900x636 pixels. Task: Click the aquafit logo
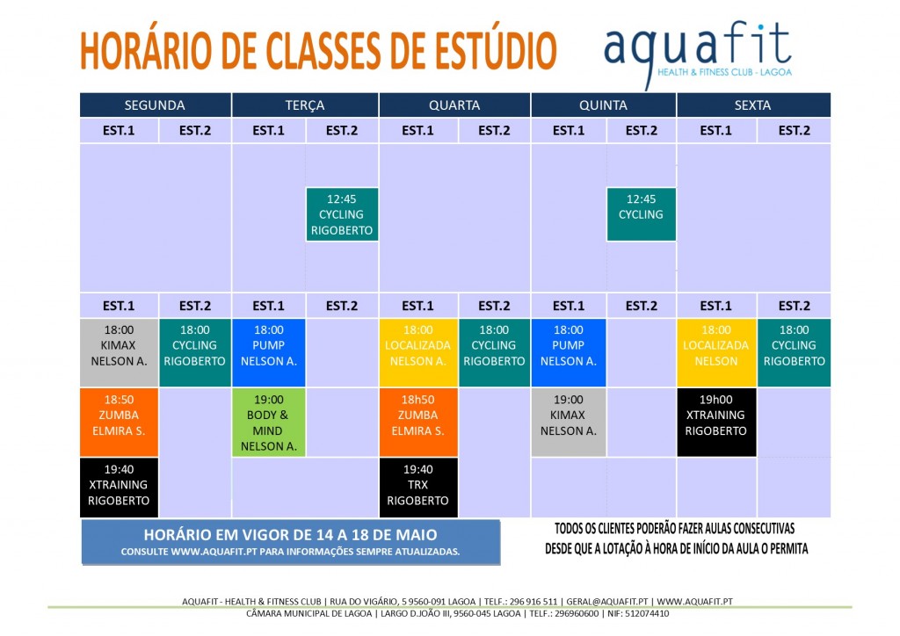(x=698, y=51)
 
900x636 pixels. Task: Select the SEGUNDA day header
(x=155, y=105)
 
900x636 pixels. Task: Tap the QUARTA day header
(x=454, y=105)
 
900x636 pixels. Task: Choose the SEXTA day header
(x=752, y=105)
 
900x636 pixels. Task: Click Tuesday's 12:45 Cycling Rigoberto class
(x=342, y=214)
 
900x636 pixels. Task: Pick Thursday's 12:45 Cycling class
(x=641, y=214)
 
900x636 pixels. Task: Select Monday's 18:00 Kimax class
(x=118, y=352)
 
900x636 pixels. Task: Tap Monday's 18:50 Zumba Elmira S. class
(x=118, y=423)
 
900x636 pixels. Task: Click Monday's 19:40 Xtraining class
(x=118, y=486)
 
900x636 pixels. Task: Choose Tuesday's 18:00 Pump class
(x=268, y=352)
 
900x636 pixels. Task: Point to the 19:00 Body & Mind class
(x=268, y=423)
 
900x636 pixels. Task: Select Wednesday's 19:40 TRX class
(x=417, y=486)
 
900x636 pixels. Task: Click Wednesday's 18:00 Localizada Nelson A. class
(x=417, y=352)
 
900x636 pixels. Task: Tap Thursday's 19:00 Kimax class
(x=568, y=423)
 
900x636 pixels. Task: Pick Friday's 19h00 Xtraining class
(x=715, y=423)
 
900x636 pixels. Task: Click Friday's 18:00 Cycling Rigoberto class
(x=794, y=352)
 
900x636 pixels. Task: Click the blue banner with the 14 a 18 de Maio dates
(x=290, y=541)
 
